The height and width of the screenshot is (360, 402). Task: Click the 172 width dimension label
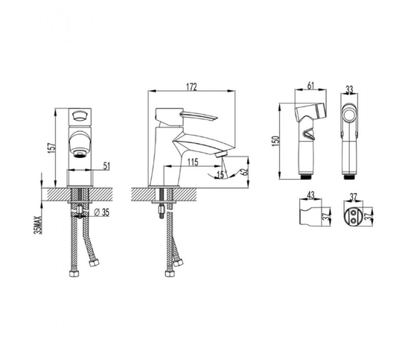191,86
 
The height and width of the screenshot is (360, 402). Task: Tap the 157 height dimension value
52,148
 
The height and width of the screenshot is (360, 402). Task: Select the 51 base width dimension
106,166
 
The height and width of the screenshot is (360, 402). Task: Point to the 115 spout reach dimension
193,162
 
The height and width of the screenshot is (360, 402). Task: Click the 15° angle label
220,174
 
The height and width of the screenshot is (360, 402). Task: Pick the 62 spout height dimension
245,171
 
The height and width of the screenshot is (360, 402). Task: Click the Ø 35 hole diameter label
102,212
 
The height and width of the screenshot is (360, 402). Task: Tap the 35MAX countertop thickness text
37,225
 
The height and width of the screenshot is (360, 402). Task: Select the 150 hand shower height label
276,141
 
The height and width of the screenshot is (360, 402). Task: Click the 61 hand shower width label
310,86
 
